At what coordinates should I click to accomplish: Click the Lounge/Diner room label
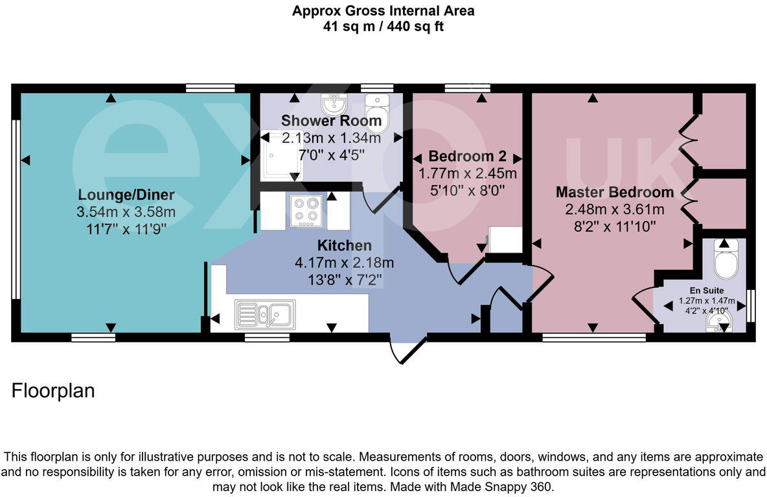tap(126, 195)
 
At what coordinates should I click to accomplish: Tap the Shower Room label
tap(331, 121)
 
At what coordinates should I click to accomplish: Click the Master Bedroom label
tap(614, 192)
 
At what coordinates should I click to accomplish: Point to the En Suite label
tap(706, 291)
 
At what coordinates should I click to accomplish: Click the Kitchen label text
tap(344, 246)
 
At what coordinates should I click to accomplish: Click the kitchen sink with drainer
tap(265, 314)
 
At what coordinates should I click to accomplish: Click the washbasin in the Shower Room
tap(334, 103)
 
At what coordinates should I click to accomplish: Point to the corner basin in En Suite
tap(720, 320)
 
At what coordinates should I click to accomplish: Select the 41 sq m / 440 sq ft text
tap(383, 27)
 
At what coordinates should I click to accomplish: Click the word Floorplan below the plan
tap(53, 392)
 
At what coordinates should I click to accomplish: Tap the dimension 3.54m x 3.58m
tap(126, 212)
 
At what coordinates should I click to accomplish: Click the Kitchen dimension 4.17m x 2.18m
tap(344, 263)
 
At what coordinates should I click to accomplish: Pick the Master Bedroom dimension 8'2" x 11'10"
tap(614, 226)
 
